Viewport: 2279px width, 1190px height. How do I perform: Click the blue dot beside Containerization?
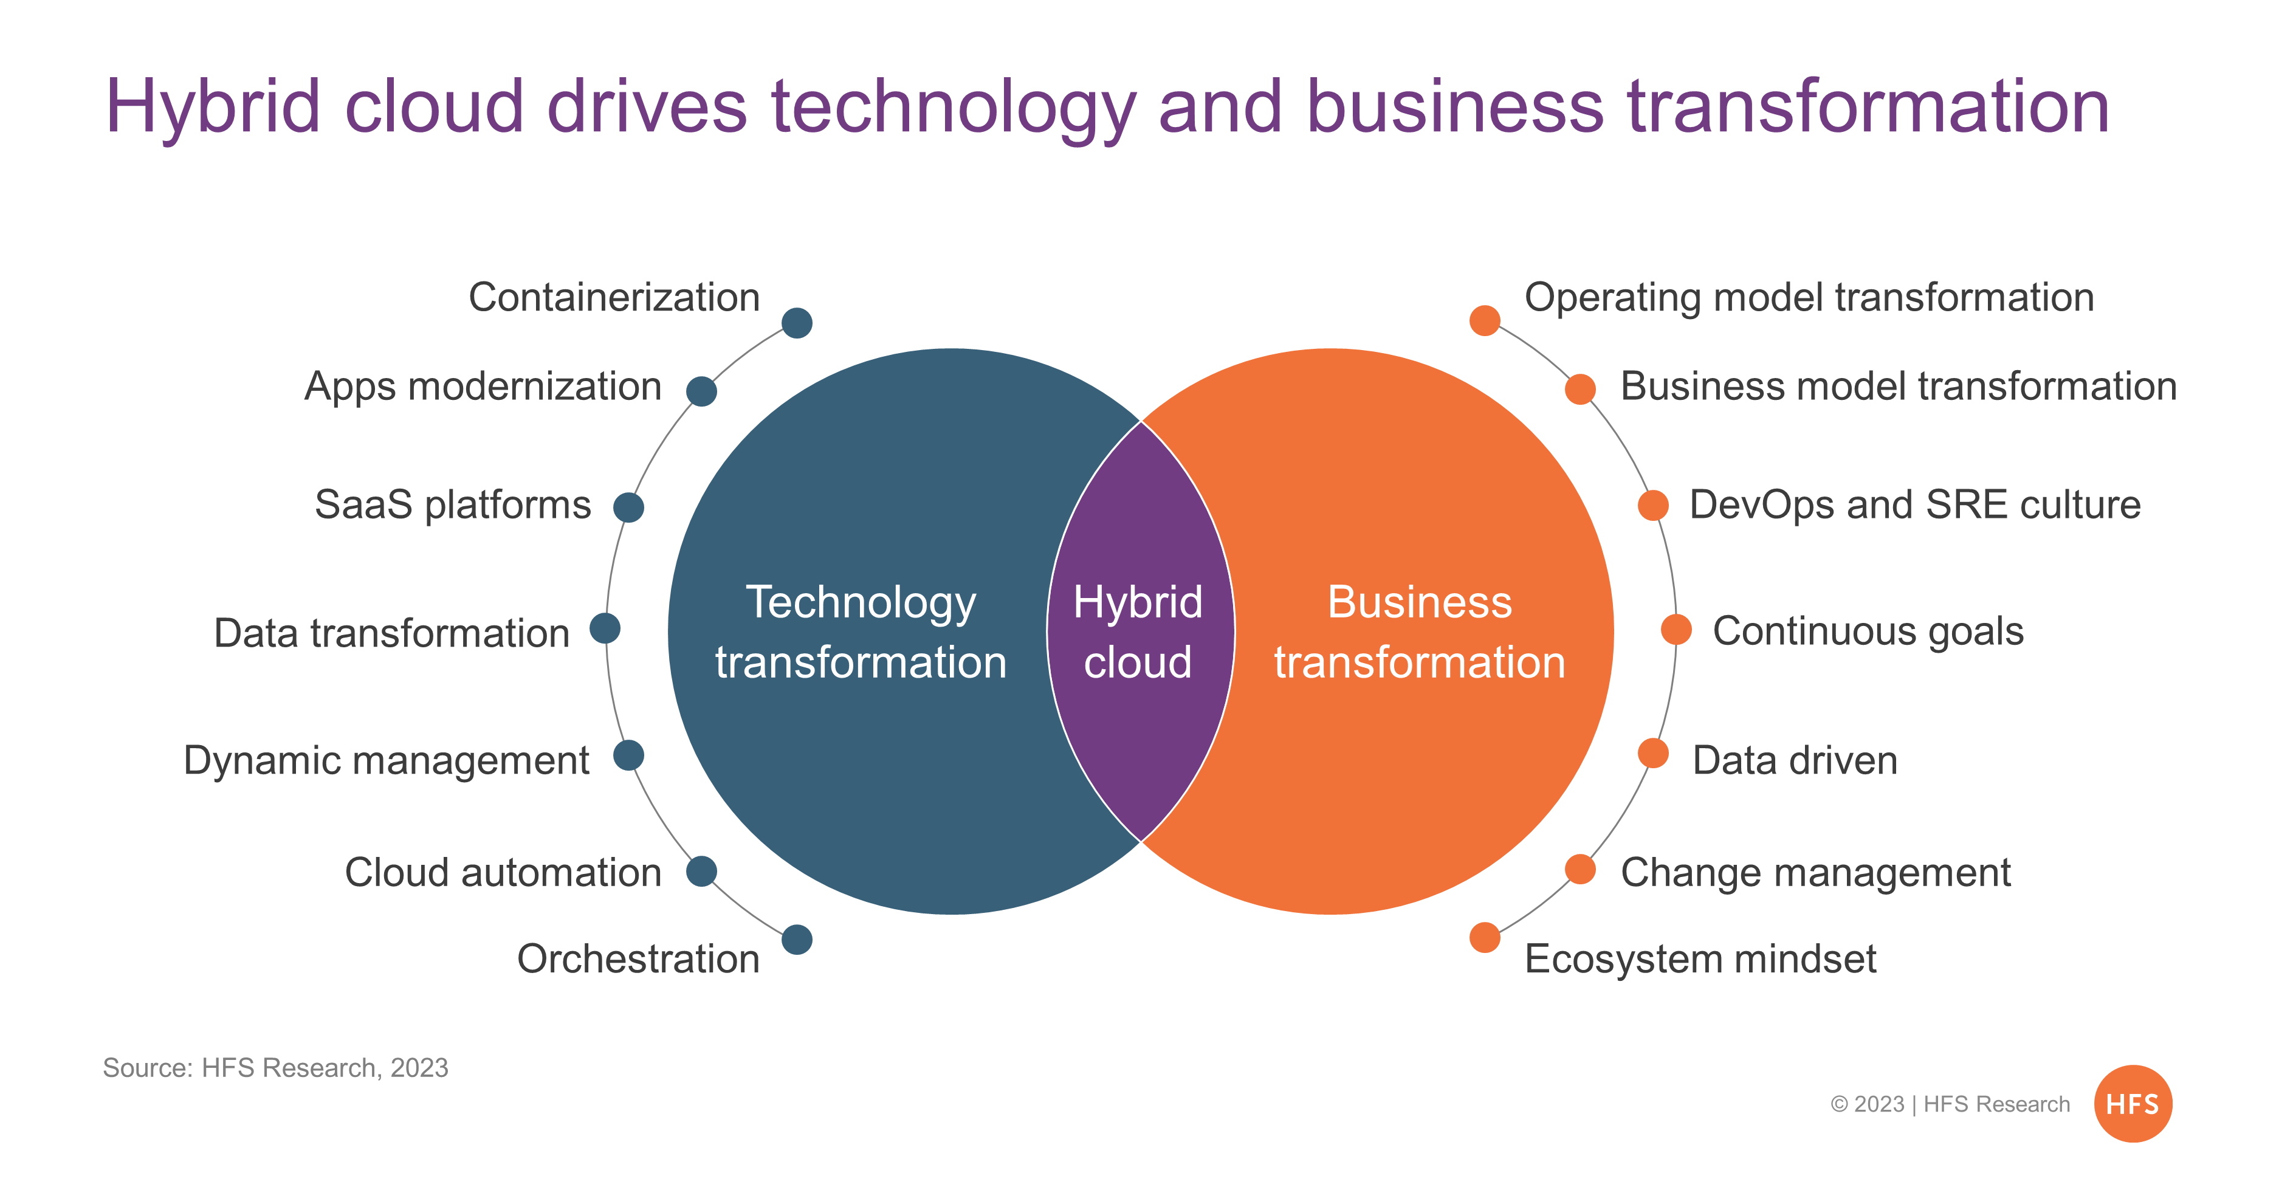click(x=797, y=323)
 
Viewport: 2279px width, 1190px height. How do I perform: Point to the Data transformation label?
click(x=392, y=633)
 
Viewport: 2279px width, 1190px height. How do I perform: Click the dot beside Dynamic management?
click(x=628, y=755)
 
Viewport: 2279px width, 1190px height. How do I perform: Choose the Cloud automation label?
click(x=503, y=872)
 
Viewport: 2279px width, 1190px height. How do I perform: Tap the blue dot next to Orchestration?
click(x=797, y=940)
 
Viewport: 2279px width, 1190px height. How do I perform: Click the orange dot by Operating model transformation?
click(x=1485, y=320)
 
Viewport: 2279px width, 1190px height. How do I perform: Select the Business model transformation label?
click(x=1899, y=387)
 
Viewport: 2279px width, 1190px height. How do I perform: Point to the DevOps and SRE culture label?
click(x=1916, y=505)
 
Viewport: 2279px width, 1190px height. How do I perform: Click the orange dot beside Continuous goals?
click(x=1676, y=630)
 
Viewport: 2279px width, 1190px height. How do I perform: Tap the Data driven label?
click(x=1795, y=760)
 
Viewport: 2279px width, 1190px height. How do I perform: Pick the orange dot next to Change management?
click(x=1580, y=869)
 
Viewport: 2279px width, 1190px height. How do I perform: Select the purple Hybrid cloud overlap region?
click(x=1140, y=631)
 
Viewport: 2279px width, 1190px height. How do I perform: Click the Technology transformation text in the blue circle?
click(x=861, y=631)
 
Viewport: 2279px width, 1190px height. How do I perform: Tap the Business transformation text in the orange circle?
click(x=1420, y=631)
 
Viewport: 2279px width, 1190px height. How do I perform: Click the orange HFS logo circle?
click(x=2133, y=1103)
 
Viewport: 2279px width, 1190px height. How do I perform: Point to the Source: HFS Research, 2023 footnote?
click(x=276, y=1068)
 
